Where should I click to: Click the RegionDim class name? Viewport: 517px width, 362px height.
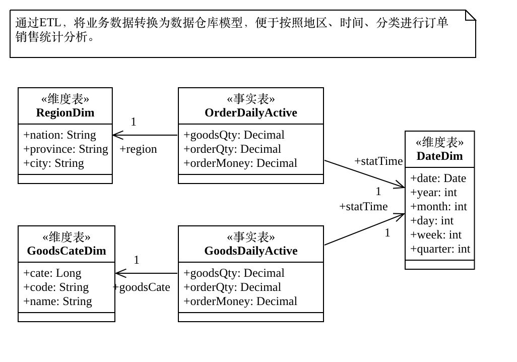[x=65, y=113]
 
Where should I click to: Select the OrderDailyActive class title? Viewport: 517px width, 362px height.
[x=250, y=113]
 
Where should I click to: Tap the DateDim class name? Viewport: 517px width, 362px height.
[x=439, y=156]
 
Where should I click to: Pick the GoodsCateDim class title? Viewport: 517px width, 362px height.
[x=67, y=251]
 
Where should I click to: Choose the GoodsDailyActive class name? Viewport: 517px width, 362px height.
[x=250, y=251]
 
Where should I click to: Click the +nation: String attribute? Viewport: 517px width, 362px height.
[x=59, y=135]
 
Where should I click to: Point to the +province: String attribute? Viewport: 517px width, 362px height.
[x=66, y=149]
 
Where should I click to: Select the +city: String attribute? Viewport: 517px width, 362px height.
[x=53, y=163]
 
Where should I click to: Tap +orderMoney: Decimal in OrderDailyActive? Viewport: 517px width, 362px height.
[x=240, y=163]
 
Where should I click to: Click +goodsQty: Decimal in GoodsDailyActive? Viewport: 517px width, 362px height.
[x=234, y=273]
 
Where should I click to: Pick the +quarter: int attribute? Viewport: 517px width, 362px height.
[x=440, y=249]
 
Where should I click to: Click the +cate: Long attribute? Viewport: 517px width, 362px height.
[x=52, y=273]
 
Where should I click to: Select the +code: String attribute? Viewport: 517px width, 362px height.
[x=56, y=287]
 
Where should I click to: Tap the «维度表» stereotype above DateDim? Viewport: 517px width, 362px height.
[x=439, y=143]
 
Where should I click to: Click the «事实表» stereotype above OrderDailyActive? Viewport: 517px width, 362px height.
[x=250, y=99]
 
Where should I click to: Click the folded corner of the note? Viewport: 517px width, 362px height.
[x=471, y=15]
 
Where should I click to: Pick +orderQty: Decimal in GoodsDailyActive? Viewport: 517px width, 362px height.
[x=232, y=287]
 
